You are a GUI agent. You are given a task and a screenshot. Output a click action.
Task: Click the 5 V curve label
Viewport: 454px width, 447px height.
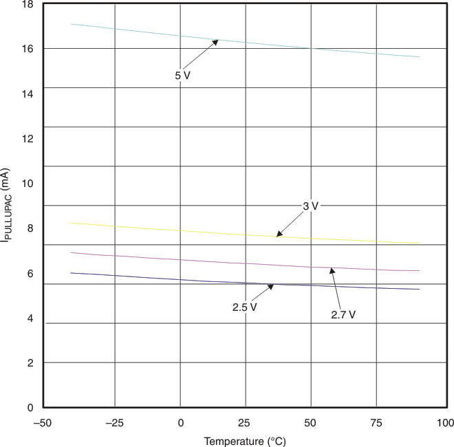[x=182, y=76]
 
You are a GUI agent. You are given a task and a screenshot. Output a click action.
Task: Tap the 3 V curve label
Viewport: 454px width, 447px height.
[x=311, y=206]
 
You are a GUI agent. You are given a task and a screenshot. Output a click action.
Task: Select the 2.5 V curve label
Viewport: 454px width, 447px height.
[x=244, y=307]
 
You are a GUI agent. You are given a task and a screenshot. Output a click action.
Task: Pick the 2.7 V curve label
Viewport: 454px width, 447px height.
[x=343, y=314]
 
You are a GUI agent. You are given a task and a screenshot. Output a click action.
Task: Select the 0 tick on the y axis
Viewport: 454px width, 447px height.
[x=30, y=407]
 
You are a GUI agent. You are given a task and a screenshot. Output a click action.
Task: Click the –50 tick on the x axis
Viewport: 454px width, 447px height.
[x=43, y=422]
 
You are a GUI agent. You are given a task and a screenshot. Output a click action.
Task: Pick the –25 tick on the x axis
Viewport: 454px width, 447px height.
[x=114, y=422]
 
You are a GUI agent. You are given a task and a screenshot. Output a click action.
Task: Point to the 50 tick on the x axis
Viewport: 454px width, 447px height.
[x=311, y=422]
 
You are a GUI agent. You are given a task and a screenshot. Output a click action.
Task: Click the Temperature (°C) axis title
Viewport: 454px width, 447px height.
[x=244, y=441]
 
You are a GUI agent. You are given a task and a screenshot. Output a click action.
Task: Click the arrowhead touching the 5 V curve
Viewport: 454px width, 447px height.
[x=215, y=42]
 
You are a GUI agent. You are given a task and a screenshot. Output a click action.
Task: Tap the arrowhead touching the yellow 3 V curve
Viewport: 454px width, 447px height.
[x=279, y=235]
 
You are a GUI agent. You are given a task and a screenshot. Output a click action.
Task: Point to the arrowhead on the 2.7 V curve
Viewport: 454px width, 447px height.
[x=332, y=271]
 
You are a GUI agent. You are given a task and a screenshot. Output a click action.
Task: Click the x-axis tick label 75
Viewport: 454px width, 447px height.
[x=376, y=422]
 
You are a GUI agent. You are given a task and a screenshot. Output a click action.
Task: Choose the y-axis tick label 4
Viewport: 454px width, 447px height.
[x=30, y=318]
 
